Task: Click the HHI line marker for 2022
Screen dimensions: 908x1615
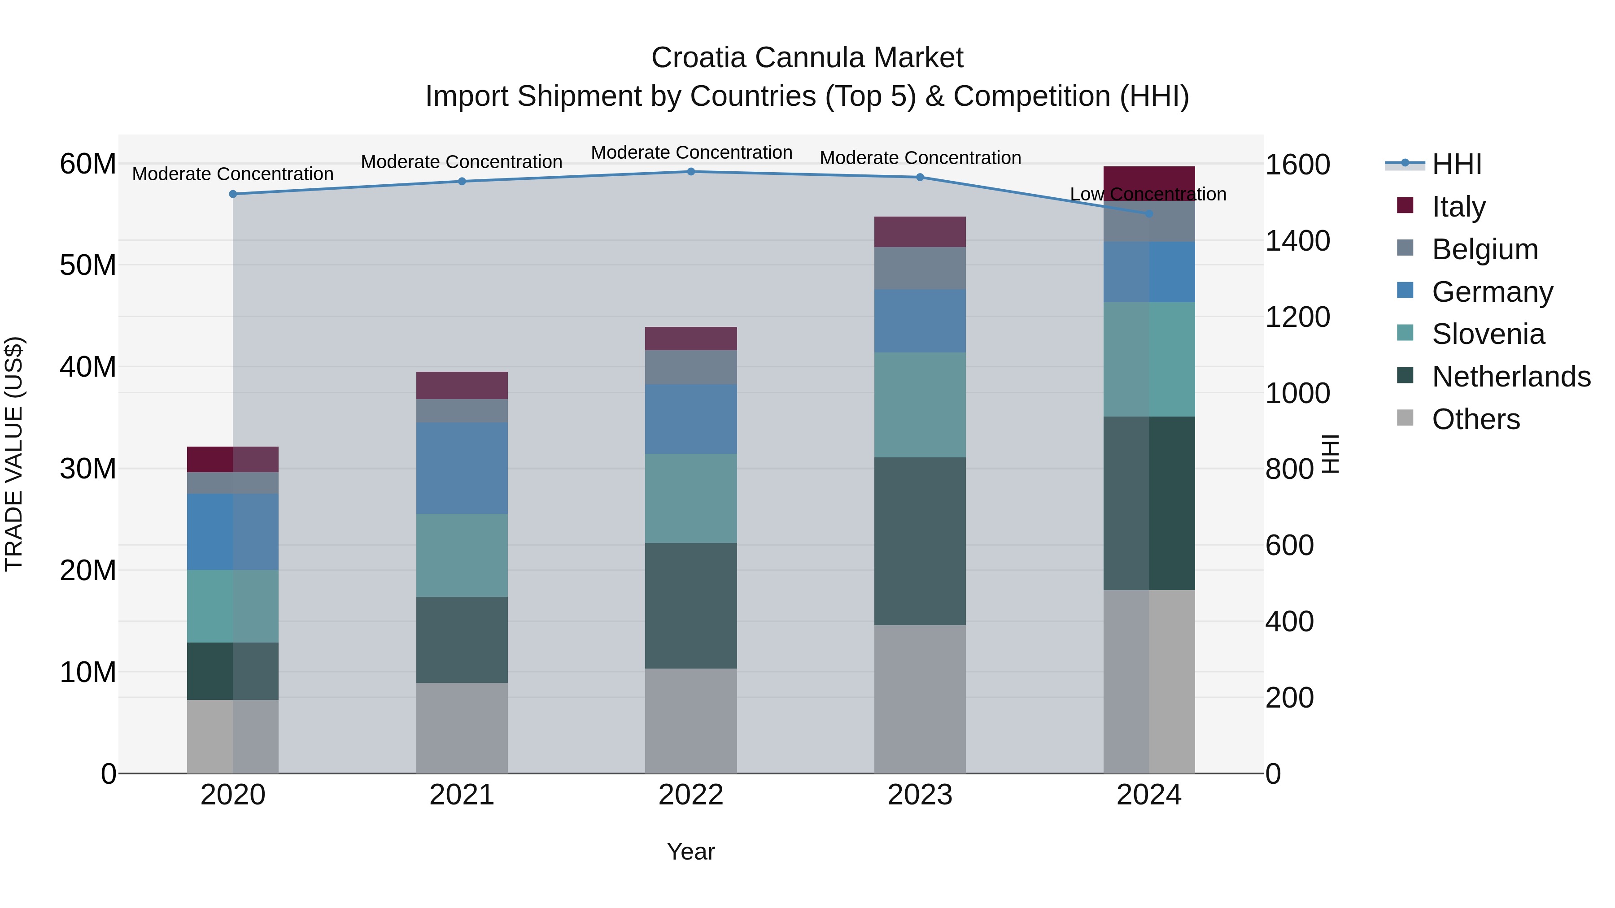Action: (691, 172)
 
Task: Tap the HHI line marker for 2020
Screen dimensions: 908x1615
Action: (233, 194)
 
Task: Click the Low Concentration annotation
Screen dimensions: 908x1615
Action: (1148, 194)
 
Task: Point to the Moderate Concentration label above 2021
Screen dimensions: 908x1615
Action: (462, 162)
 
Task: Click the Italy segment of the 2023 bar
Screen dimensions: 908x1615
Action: (920, 232)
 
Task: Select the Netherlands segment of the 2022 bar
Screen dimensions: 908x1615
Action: (691, 605)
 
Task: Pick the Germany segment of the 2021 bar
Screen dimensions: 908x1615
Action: (462, 468)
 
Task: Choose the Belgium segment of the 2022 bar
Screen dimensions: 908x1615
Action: (691, 367)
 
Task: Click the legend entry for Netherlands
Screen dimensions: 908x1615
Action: (1511, 377)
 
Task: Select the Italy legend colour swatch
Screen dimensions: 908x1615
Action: (1405, 205)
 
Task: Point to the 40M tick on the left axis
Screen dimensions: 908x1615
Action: (88, 367)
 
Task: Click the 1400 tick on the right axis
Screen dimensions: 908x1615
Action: (1297, 241)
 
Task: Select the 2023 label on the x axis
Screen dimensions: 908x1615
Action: (920, 795)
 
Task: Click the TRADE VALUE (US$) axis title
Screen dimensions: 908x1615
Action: (14, 454)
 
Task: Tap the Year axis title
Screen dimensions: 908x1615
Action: (691, 852)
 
